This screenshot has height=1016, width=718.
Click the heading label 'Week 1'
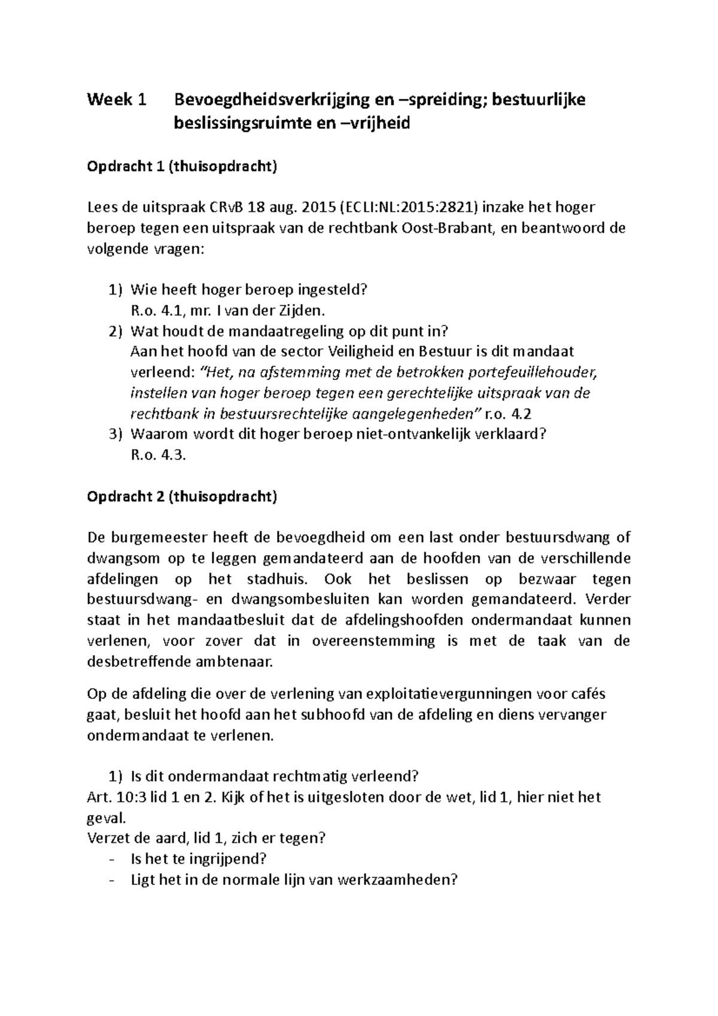point(117,99)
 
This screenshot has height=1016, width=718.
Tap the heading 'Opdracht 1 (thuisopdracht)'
point(182,166)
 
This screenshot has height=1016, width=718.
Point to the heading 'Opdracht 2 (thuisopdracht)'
point(182,497)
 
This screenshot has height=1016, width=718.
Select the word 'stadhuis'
point(279,579)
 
